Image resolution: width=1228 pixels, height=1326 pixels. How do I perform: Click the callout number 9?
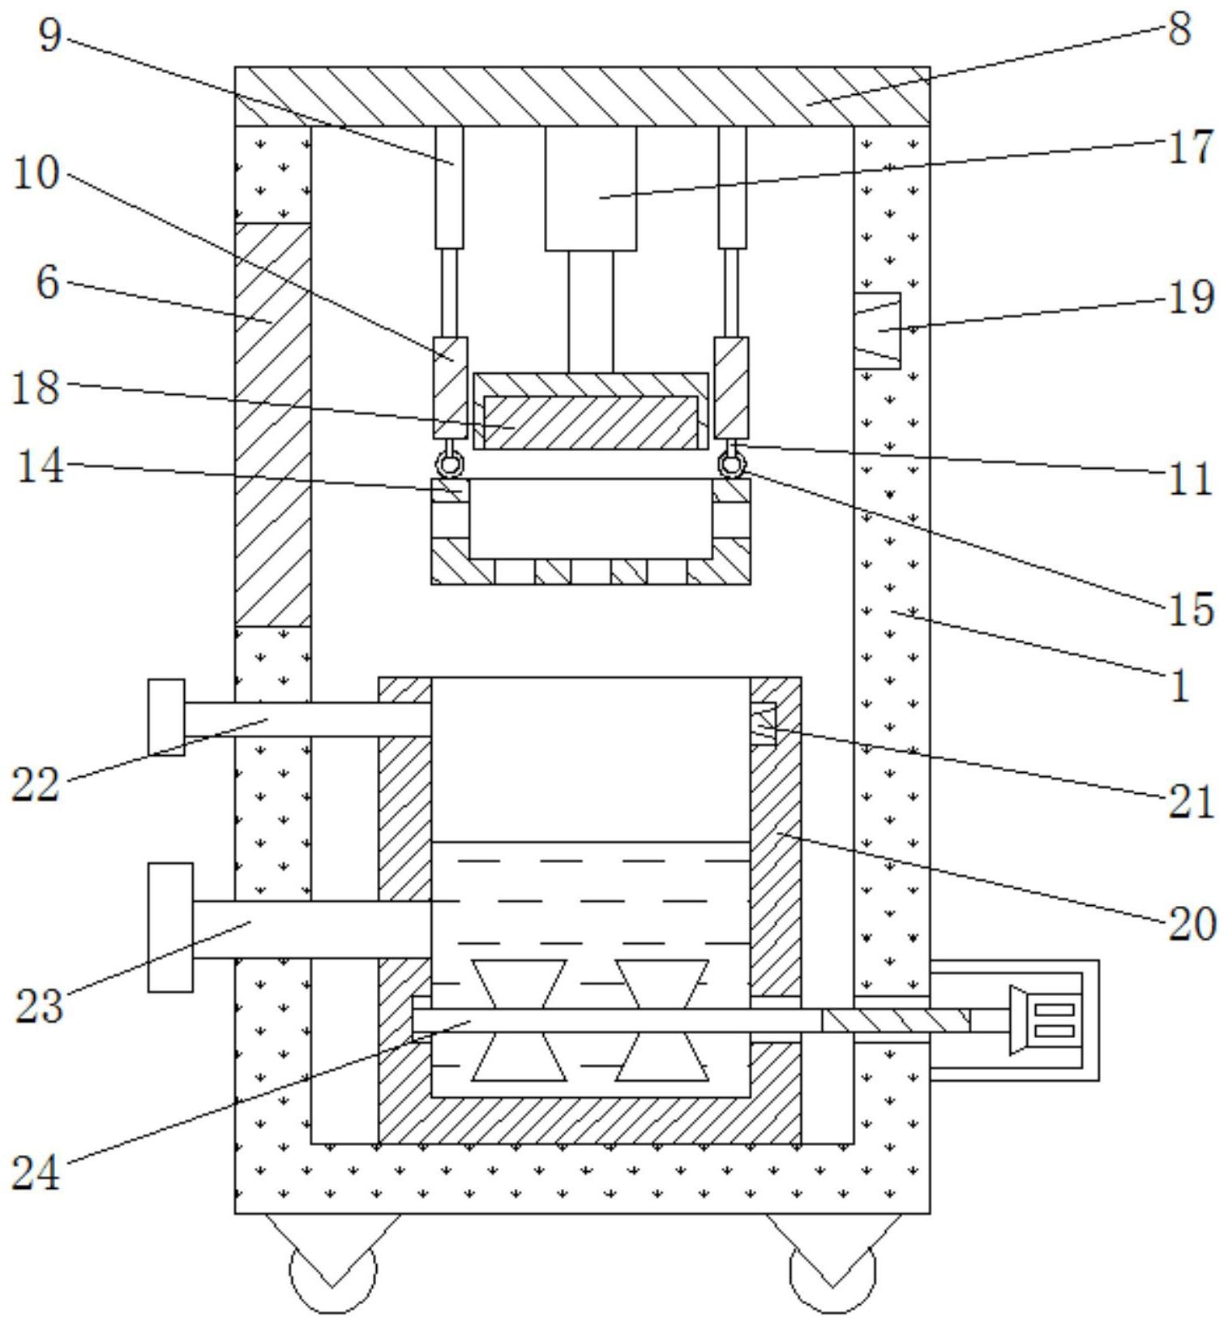point(50,35)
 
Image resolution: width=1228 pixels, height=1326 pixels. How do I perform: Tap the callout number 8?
point(1179,29)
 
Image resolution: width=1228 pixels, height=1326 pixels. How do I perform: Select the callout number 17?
point(1190,148)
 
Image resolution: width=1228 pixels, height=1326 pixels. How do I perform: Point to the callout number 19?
point(1190,297)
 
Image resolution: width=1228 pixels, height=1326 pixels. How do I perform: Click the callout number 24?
point(36,1173)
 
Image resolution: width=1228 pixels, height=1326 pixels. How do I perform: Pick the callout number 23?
point(38,1006)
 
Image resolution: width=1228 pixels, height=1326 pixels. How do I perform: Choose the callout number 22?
point(36,784)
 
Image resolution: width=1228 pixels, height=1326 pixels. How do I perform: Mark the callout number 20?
point(1192,924)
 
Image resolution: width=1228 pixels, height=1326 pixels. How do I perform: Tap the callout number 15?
point(1190,608)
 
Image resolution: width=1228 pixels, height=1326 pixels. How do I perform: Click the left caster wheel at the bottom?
point(332,1269)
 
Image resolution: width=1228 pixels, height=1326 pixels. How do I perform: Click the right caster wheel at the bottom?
point(832,1269)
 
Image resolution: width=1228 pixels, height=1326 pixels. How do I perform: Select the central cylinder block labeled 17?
point(591,188)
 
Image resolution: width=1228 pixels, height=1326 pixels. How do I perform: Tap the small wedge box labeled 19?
point(878,330)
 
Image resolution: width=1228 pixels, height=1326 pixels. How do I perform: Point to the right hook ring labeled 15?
point(732,465)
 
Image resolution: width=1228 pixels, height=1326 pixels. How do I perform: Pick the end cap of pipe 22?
point(166,718)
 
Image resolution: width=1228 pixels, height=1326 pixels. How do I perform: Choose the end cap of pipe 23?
point(170,927)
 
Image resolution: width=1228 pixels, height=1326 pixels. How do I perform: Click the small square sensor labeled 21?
point(763,723)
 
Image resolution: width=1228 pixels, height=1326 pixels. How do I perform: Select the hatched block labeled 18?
point(590,422)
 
